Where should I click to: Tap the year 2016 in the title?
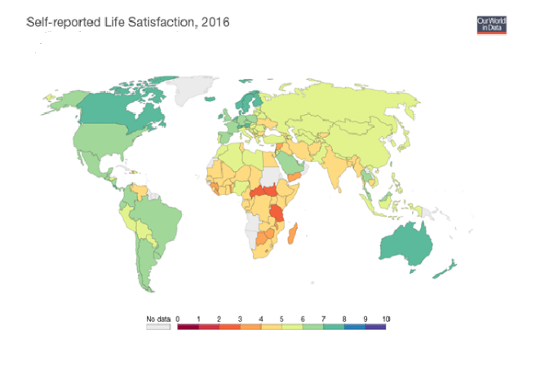(x=214, y=22)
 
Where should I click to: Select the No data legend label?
(x=158, y=318)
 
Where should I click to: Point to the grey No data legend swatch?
(x=158, y=327)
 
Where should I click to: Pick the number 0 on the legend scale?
(x=177, y=318)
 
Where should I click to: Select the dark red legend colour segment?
(x=188, y=327)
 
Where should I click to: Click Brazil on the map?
(x=159, y=217)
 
